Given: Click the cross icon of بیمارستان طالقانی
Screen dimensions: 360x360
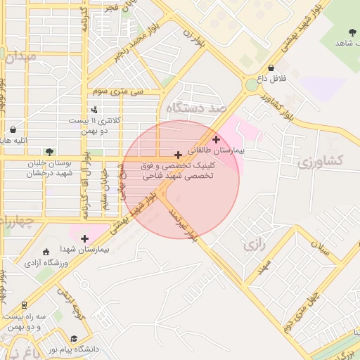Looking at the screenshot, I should point(216,139).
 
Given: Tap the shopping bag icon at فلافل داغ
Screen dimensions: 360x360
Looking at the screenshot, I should point(271,67).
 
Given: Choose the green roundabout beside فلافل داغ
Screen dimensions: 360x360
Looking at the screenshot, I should point(251,85).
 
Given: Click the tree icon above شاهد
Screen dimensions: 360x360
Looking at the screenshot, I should point(352,32).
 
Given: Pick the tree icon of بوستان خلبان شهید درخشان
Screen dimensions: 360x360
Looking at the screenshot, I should point(49,151).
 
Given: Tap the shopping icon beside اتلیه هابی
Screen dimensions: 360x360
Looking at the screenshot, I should point(13,129).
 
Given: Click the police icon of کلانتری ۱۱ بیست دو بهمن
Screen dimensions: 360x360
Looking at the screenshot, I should point(94,109).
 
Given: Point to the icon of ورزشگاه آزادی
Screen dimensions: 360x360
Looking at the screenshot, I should point(46,252).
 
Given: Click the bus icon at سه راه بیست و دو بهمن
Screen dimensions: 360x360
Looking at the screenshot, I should point(25,305).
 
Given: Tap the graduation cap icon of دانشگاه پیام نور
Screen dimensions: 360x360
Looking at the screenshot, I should point(75,338).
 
